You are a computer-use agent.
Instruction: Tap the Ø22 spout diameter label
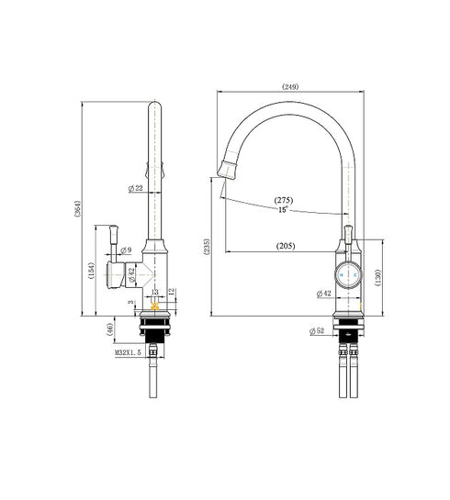tap(135, 189)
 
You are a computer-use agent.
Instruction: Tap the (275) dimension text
tap(284, 199)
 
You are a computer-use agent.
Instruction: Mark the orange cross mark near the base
tap(152, 306)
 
